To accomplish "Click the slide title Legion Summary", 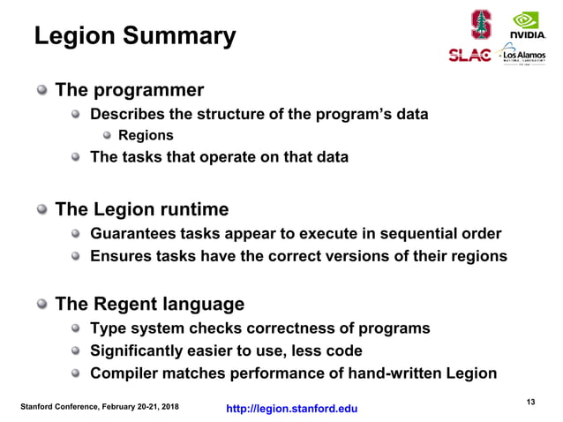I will [x=135, y=37].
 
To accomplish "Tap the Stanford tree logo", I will [x=480, y=23].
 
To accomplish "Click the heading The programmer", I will [x=130, y=90].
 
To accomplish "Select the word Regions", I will [x=146, y=136].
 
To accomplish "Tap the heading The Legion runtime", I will [x=142, y=210].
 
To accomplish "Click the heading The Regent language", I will [x=150, y=305].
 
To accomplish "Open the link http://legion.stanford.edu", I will [x=292, y=408].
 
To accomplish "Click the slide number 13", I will [x=530, y=403].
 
